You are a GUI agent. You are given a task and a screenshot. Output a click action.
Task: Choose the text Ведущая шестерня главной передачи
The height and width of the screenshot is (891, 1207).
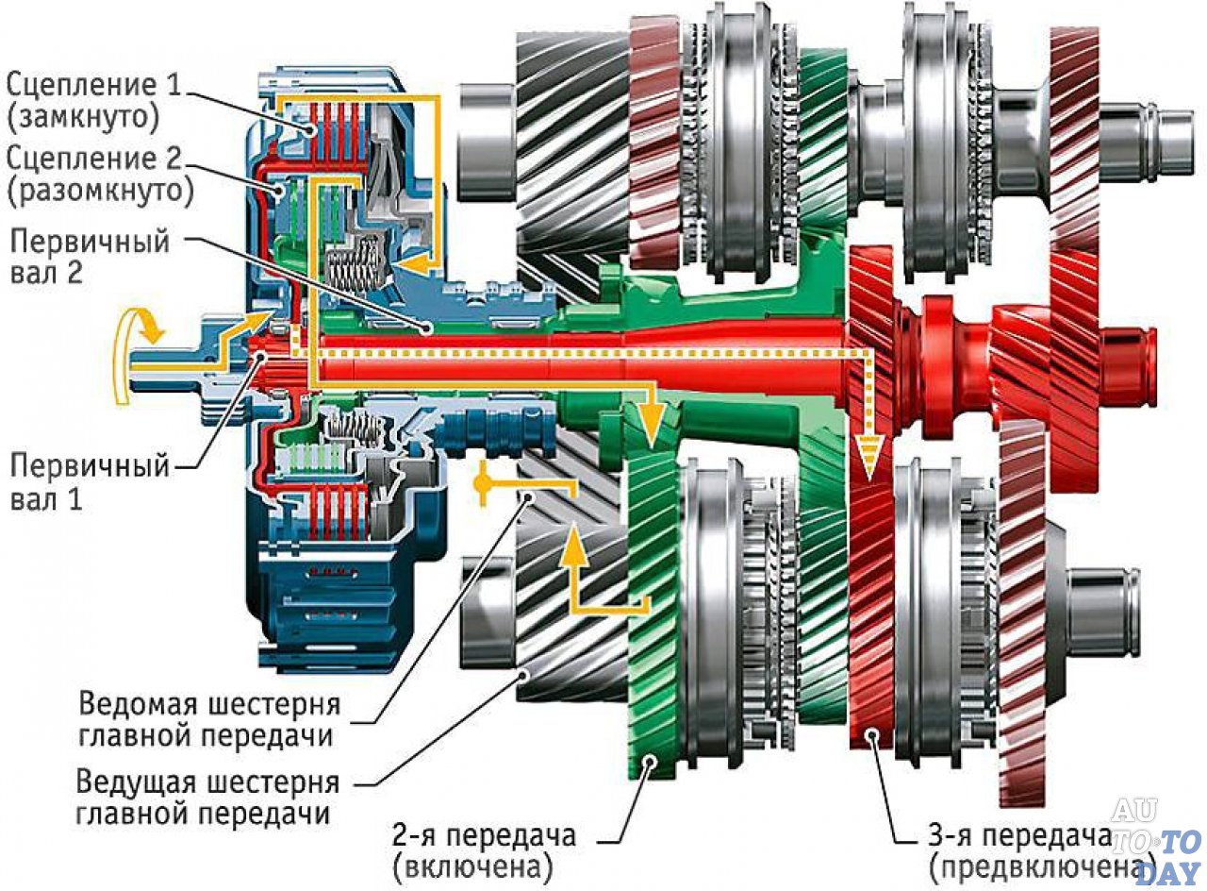point(207,799)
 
